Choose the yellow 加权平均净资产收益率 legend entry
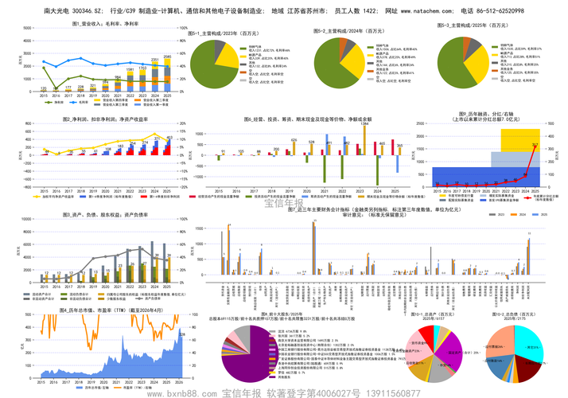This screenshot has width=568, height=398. point(56,196)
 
